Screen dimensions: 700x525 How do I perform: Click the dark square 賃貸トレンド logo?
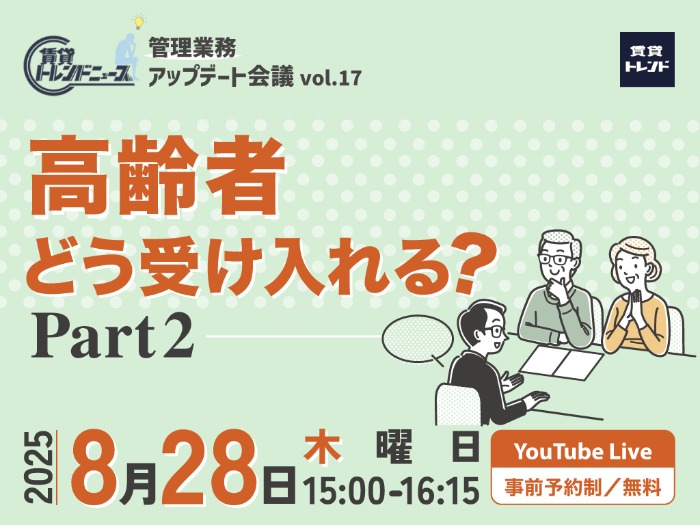tap(647, 59)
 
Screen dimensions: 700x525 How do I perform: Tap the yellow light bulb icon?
tap(139, 21)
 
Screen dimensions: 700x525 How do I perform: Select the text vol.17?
tap(331, 78)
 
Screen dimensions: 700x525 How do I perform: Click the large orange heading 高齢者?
tap(158, 176)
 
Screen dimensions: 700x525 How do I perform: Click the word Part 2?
tap(113, 336)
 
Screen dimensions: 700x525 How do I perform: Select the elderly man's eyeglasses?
tap(554, 259)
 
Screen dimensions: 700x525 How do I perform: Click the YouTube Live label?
tap(582, 451)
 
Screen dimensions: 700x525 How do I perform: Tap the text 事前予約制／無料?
tap(582, 487)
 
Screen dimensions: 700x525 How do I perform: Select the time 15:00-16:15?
tap(391, 491)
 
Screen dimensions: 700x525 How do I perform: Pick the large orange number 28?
tap(209, 468)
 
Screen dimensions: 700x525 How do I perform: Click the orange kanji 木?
tap(323, 444)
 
